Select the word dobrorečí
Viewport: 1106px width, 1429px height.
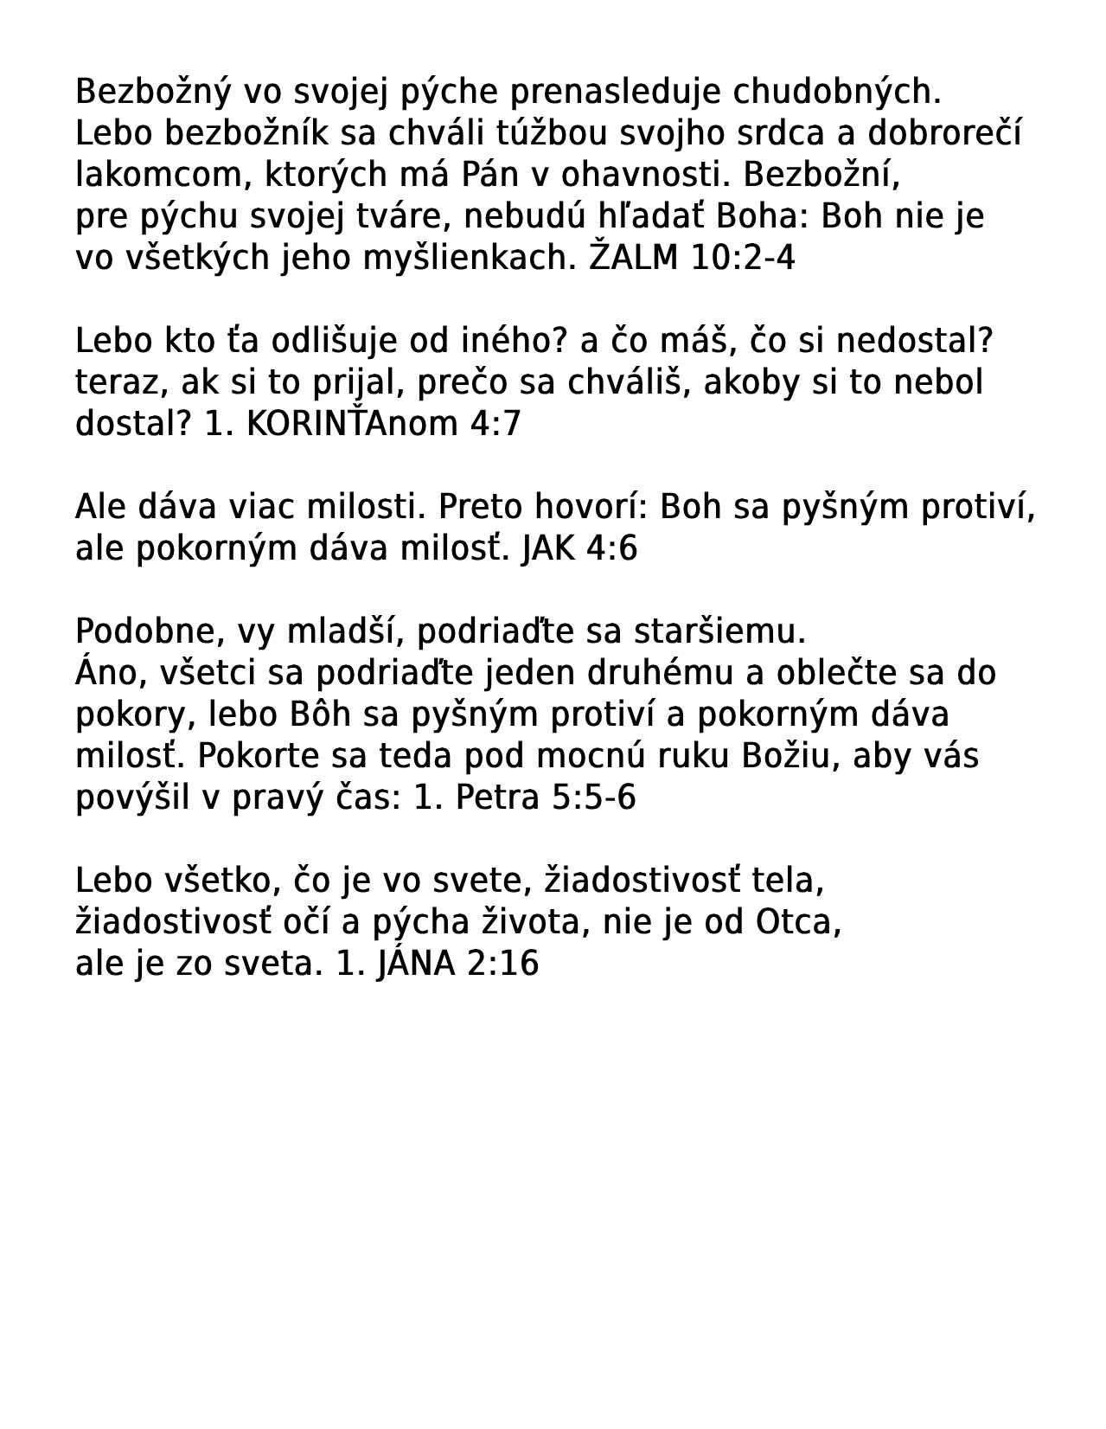[x=944, y=133]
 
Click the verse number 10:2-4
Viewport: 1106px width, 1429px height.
[x=743, y=258]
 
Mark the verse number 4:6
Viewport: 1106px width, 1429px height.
[x=611, y=548]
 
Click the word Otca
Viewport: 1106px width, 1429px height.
[x=798, y=922]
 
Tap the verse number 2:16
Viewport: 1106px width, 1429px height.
[x=502, y=964]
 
